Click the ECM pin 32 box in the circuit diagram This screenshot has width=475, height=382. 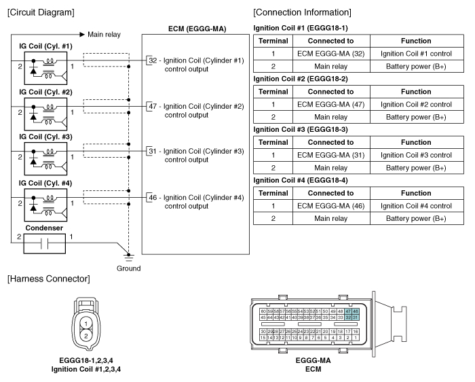(x=151, y=60)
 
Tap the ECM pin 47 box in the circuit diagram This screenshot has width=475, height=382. (x=151, y=107)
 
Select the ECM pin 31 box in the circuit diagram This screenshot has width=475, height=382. (x=151, y=151)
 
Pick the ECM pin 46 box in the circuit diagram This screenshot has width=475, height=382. (x=151, y=197)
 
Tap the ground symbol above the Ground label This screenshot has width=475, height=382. (x=129, y=256)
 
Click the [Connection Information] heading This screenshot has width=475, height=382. (x=302, y=12)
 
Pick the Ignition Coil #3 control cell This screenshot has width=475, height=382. (x=416, y=155)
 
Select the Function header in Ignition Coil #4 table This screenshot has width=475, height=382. (x=416, y=193)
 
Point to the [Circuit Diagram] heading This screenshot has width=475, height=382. (x=40, y=12)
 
